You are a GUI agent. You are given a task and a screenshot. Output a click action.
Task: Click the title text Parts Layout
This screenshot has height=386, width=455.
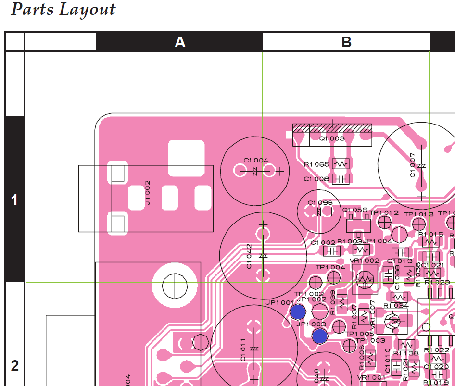63,10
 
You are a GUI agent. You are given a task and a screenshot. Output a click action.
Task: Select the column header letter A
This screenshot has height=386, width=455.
179,42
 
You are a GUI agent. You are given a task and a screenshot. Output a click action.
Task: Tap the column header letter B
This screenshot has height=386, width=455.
346,42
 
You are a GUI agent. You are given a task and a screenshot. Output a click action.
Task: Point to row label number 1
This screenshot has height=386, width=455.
14,200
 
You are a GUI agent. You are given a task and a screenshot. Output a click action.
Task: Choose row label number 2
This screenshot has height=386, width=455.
14,366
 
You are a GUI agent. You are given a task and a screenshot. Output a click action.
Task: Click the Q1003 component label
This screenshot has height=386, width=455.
332,138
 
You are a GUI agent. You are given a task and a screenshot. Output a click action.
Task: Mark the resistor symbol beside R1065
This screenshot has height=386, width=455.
341,164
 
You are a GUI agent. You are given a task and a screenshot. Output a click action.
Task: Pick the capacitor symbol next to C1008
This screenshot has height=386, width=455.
341,179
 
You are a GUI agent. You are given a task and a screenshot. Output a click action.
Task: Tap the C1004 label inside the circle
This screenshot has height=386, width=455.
256,160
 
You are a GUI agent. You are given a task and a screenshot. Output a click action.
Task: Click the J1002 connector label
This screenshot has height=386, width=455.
148,193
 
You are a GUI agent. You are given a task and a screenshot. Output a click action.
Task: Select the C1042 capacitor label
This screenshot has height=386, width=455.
249,257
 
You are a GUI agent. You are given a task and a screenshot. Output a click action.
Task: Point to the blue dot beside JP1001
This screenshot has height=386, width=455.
298,312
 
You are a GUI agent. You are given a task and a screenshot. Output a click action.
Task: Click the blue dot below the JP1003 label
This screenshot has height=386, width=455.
319,336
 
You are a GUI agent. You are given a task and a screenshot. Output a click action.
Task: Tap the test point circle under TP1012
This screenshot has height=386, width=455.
384,222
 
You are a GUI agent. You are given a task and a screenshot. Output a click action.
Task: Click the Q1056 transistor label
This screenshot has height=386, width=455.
354,210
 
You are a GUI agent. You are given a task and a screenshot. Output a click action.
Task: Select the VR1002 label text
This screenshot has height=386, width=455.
365,261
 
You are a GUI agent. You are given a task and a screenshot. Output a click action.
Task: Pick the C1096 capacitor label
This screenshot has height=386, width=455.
320,203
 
